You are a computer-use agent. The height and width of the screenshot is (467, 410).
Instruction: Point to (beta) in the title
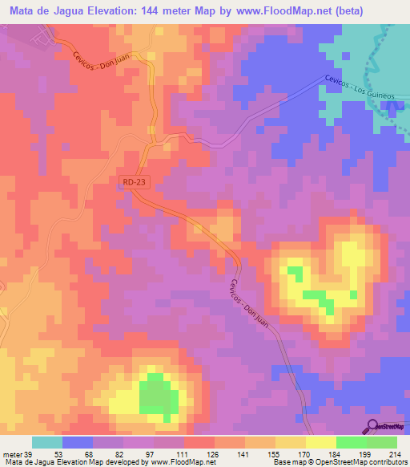coord(345,11)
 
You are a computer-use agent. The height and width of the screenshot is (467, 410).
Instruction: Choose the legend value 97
coord(139,453)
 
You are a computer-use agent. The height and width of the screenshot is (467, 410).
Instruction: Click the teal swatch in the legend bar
coord(46,442)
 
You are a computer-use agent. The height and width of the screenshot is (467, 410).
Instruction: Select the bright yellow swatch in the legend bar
coord(320,442)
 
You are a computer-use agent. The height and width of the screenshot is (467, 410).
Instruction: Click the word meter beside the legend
coord(14,453)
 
